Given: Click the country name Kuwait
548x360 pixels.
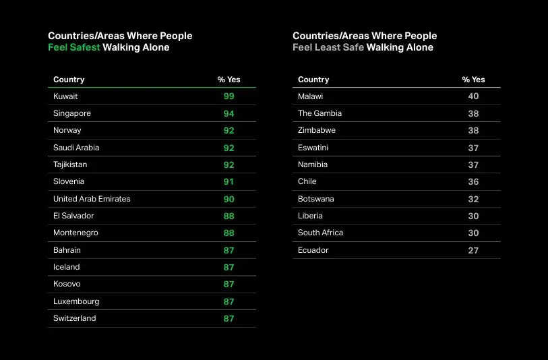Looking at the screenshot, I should pyautogui.click(x=65, y=96).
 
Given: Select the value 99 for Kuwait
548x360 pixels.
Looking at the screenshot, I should pyautogui.click(x=229, y=96).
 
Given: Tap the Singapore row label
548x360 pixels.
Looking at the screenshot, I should pyautogui.click(x=72, y=113).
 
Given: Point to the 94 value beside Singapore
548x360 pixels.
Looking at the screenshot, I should pyautogui.click(x=229, y=114).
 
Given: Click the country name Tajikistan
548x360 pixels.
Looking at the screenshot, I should pyautogui.click(x=70, y=164).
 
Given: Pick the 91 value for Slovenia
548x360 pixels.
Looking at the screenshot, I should pyautogui.click(x=229, y=182).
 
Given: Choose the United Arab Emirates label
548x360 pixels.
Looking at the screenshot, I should pyautogui.click(x=92, y=199).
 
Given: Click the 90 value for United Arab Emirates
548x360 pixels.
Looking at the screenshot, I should pyautogui.click(x=229, y=199).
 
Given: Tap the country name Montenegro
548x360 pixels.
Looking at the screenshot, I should pyautogui.click(x=75, y=233).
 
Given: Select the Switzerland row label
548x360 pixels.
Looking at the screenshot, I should pyautogui.click(x=75, y=318).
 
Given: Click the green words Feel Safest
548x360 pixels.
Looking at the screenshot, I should pyautogui.click(x=74, y=48).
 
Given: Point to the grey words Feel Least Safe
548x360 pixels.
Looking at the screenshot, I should pyautogui.click(x=328, y=48).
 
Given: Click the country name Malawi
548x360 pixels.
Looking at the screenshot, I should pyautogui.click(x=311, y=96).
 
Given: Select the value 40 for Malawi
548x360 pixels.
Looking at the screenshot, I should pyautogui.click(x=473, y=96).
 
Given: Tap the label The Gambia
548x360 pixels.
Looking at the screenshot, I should pyautogui.click(x=319, y=113).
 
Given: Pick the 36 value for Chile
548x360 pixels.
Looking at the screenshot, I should pyautogui.click(x=473, y=182).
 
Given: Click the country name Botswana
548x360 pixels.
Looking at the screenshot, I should pyautogui.click(x=316, y=199).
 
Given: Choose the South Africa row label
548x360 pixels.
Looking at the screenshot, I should pyautogui.click(x=320, y=233).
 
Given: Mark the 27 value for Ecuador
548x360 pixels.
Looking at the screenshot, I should pyautogui.click(x=473, y=250).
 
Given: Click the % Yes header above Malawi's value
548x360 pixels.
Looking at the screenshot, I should pyautogui.click(x=473, y=80).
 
